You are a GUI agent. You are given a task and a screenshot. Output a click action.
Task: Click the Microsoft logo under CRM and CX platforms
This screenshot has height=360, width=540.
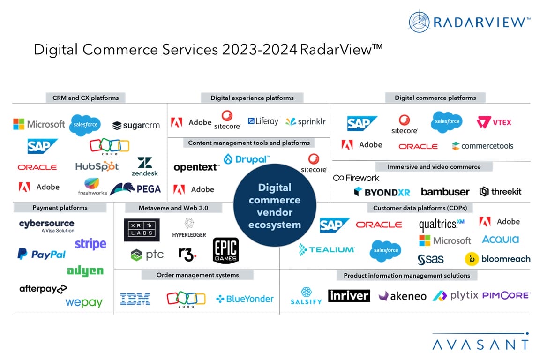click(39, 124)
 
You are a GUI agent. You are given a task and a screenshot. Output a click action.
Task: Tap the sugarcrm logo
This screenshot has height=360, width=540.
click(136, 125)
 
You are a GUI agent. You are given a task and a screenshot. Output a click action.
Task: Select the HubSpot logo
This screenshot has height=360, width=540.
click(97, 166)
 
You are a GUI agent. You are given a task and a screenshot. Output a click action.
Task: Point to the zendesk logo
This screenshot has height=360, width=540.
click(144, 167)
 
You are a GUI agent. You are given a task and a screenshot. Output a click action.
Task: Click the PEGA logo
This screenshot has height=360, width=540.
click(135, 188)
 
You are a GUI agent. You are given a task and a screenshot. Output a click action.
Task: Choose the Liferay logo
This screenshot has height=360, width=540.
click(263, 121)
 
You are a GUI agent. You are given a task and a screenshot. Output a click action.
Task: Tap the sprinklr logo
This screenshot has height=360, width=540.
click(305, 122)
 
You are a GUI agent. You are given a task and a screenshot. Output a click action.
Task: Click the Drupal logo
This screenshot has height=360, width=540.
click(247, 159)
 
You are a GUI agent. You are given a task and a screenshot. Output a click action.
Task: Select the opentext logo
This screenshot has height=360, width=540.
click(196, 167)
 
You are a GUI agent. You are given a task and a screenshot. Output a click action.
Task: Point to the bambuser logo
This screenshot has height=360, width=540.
click(445, 191)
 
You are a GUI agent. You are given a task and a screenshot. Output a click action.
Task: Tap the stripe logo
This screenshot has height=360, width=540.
click(90, 244)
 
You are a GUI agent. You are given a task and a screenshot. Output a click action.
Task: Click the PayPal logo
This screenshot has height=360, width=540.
click(41, 254)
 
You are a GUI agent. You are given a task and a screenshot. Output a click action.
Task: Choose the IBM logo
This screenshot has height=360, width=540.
click(135, 299)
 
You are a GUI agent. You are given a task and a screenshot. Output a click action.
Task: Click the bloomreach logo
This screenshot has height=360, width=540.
click(497, 258)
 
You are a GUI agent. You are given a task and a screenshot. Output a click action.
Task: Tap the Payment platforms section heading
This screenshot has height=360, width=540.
click(60, 207)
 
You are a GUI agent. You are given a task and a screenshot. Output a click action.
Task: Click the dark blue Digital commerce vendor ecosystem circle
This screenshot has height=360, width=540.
click(274, 206)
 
